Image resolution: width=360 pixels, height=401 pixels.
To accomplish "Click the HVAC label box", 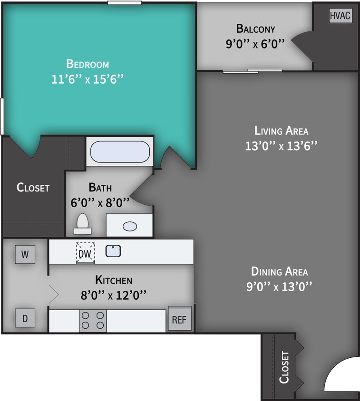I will (341, 15).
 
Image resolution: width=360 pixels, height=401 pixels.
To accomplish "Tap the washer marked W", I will (25, 254).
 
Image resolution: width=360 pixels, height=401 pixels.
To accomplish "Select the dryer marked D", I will (25, 318).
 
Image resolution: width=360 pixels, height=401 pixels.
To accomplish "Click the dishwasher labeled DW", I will (85, 253).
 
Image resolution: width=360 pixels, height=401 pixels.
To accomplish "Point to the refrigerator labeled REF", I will (179, 319).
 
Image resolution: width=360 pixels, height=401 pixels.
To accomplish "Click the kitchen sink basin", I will (113, 251).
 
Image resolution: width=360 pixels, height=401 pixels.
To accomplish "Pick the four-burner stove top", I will (93, 320).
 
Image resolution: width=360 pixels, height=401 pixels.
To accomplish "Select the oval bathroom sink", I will (130, 226).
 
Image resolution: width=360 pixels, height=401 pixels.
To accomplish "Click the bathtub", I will (120, 152).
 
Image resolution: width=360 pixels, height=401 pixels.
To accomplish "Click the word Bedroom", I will (88, 64).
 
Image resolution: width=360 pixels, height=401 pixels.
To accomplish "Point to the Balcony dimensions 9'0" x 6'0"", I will (255, 44).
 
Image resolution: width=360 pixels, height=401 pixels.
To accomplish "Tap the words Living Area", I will (281, 130).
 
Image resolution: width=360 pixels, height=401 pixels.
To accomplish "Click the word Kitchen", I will (114, 279).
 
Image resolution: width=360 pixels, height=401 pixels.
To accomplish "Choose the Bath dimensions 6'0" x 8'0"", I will (100, 203).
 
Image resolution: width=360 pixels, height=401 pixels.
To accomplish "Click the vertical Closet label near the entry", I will (284, 367).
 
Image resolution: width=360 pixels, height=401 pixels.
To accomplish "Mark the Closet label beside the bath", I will (33, 187).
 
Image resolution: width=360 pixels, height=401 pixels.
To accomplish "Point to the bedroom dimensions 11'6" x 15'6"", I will (88, 79).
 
